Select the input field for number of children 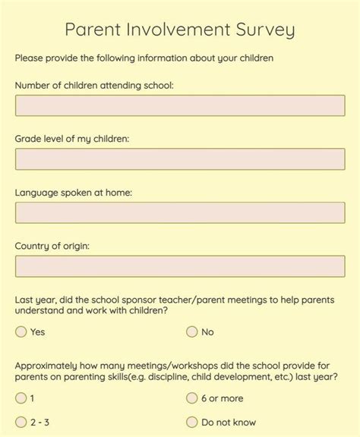180,105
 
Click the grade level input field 180,159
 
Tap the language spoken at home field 180,213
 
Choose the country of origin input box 180,267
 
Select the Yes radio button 21,332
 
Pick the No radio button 192,332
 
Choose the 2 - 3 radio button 21,423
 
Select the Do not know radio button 192,423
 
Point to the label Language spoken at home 74,193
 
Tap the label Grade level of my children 72,139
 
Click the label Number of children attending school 94,85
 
